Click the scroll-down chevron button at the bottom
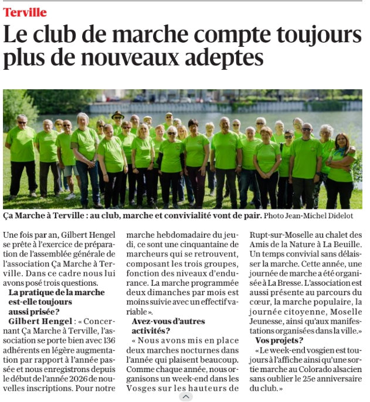tap(185, 397)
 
